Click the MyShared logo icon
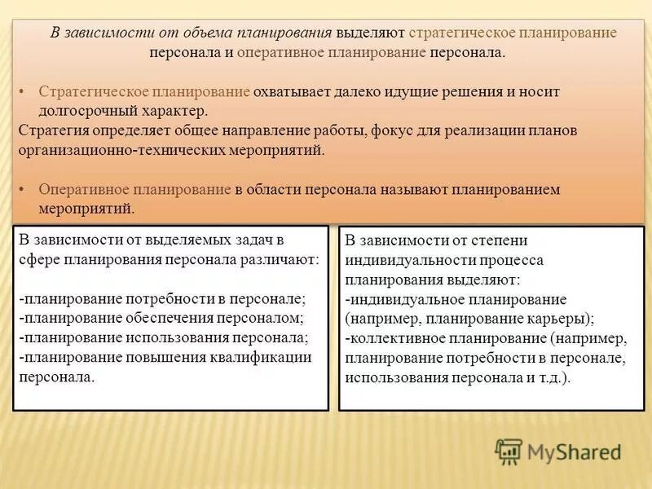click(x=509, y=451)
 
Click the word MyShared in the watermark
click(x=574, y=451)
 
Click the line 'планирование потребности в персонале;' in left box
click(x=162, y=299)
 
